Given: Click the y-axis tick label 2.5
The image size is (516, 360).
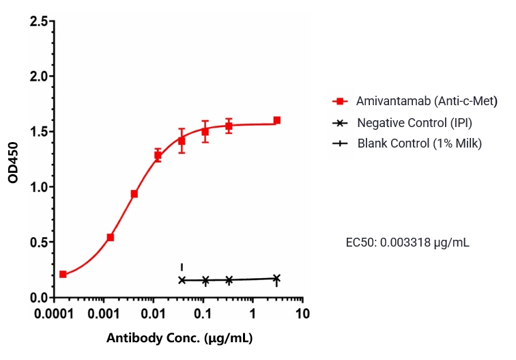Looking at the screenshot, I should [x=39, y=21].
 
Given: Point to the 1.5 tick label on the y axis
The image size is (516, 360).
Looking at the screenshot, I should [x=39, y=132].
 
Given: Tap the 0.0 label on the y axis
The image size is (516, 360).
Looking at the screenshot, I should [x=39, y=298].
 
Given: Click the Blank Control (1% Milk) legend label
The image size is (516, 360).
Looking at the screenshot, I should [x=420, y=143].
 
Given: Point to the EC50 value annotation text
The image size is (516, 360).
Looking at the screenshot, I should [x=408, y=242].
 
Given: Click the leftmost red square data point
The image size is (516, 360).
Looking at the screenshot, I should [x=63, y=275].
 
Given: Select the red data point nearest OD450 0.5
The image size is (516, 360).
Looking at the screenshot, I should [x=111, y=237].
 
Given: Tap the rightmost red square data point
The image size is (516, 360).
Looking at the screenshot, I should [x=276, y=120].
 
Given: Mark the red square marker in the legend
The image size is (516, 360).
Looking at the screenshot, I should [x=338, y=101].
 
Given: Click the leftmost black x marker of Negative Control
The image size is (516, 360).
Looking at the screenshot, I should [x=182, y=280].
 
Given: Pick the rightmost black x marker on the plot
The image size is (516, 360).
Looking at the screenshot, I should [x=276, y=278].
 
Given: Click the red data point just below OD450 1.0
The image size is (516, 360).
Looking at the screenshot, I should [x=134, y=194].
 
